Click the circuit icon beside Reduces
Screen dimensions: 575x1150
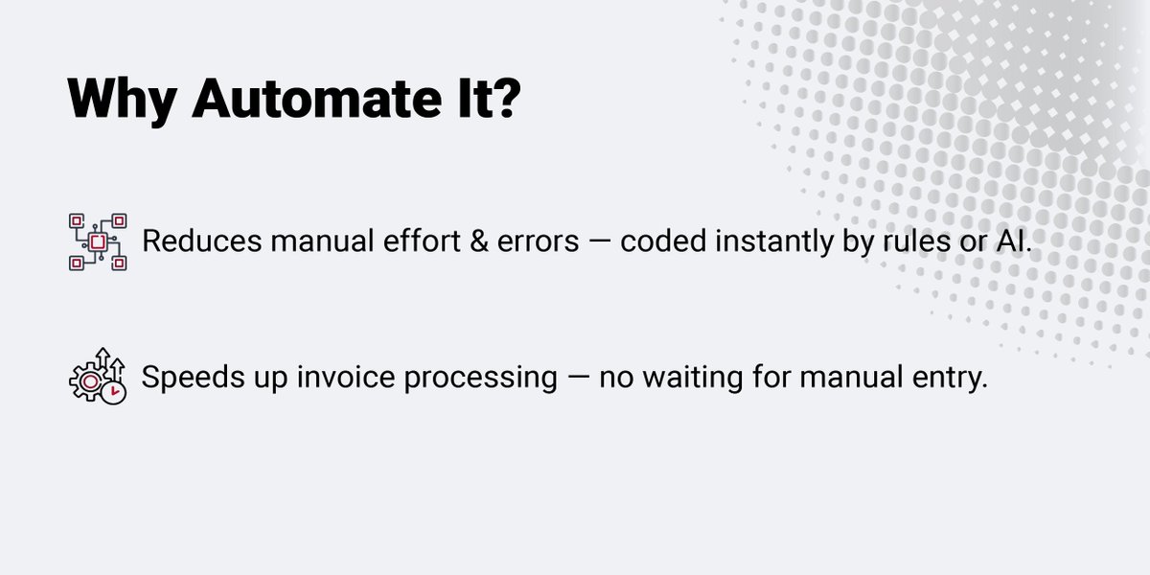pos(98,241)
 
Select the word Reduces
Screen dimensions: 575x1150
pos(201,241)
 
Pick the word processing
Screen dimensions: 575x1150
pos(480,378)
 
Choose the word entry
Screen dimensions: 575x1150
pos(948,378)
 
